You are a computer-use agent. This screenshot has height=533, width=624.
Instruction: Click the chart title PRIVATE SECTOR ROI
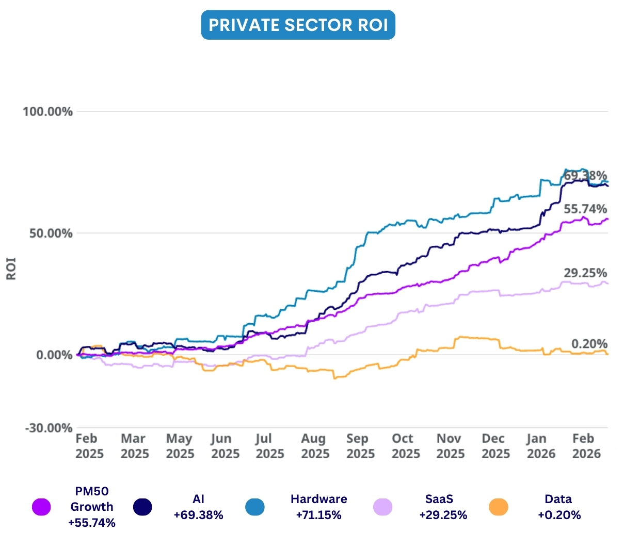[298, 25]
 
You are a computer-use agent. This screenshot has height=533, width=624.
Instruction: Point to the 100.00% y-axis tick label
[47, 111]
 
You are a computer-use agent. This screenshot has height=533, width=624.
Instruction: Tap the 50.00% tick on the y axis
[50, 233]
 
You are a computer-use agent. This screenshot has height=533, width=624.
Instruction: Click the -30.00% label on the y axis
[47, 428]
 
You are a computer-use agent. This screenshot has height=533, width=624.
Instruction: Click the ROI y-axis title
[11, 269]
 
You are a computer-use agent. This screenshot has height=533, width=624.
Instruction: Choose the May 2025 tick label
[180, 446]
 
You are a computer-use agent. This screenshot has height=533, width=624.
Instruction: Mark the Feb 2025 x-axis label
[89, 446]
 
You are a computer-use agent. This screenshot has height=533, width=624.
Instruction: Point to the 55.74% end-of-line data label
[585, 209]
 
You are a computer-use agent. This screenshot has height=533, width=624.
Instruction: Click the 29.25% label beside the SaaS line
[585, 273]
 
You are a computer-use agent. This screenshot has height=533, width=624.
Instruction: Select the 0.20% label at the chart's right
[589, 344]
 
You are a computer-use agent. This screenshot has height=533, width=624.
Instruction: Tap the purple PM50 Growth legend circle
[41, 507]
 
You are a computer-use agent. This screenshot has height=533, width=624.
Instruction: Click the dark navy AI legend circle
[142, 507]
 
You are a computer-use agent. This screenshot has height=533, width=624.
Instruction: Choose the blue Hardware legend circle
[254, 507]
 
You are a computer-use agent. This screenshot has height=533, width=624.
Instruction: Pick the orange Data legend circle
[498, 507]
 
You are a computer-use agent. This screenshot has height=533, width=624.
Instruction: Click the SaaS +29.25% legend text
[443, 507]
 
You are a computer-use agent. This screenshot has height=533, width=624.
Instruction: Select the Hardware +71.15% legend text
[318, 507]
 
